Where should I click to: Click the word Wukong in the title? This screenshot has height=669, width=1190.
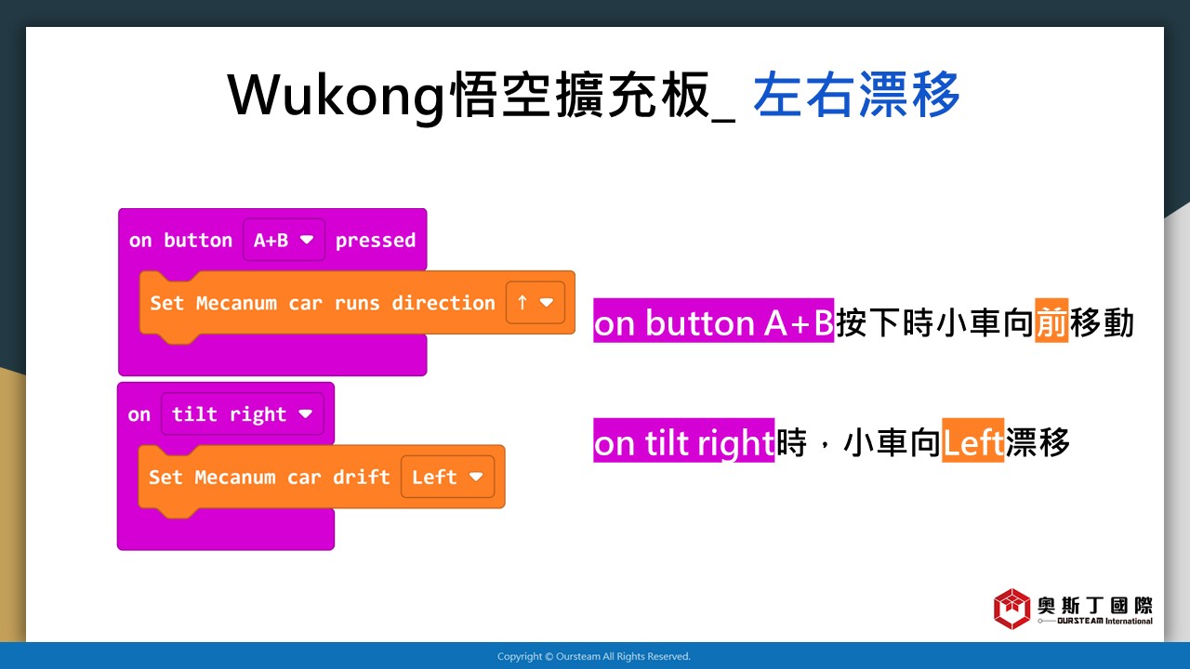(x=336, y=96)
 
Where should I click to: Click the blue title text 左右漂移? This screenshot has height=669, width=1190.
(x=856, y=95)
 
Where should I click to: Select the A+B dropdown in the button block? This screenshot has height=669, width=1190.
(x=284, y=240)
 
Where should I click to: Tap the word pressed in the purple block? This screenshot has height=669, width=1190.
(x=375, y=241)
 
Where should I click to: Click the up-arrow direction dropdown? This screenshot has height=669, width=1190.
(x=535, y=303)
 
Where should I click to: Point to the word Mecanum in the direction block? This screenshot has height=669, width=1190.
(x=236, y=303)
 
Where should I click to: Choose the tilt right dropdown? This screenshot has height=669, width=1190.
(x=243, y=414)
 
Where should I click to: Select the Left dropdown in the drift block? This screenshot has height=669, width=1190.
(x=448, y=477)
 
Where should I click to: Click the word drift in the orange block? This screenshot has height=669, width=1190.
(x=362, y=477)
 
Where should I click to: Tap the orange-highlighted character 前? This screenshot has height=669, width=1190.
(x=1051, y=321)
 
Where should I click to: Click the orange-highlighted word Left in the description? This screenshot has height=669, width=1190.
(x=972, y=440)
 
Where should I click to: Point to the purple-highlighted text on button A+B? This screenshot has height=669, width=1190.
(x=713, y=321)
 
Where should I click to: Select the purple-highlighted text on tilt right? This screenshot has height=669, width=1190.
(x=683, y=440)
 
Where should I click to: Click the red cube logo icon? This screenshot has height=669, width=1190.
(x=1012, y=609)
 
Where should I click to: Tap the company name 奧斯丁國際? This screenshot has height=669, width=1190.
(x=1095, y=605)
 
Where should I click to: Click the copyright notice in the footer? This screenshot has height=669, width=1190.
(x=594, y=656)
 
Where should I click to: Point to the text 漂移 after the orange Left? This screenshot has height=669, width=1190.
(x=1037, y=441)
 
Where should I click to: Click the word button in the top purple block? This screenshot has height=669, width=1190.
(x=198, y=241)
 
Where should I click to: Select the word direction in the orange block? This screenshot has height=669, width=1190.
(x=443, y=303)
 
